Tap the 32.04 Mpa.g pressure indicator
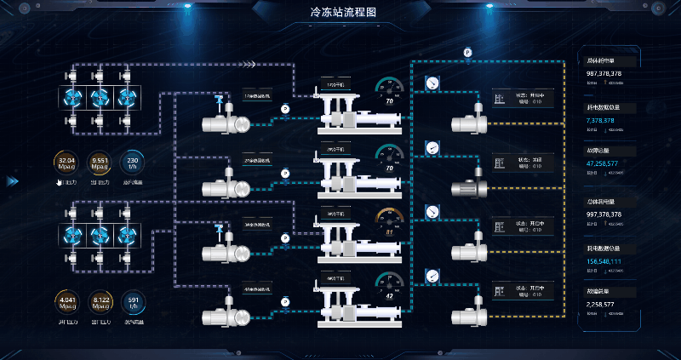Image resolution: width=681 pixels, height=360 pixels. [66, 163]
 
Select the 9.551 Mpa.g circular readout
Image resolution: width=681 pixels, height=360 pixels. [100, 163]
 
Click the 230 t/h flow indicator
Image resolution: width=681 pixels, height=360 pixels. [133, 163]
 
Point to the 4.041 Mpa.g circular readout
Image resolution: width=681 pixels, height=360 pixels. [66, 303]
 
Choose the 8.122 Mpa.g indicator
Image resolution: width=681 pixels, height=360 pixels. [100, 303]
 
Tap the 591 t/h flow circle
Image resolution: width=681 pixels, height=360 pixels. [133, 303]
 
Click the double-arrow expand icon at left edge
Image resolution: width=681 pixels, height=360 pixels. [13, 180]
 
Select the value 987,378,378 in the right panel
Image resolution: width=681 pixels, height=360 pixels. [604, 74]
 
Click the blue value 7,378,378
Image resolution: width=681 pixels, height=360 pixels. [601, 120]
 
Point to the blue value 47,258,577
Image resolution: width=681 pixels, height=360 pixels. [604, 163]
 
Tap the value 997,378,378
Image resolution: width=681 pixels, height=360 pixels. [604, 214]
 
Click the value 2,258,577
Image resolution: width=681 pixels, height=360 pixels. [601, 304]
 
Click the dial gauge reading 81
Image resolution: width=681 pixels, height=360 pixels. [389, 223]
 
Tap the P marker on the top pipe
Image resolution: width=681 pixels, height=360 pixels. [467, 52]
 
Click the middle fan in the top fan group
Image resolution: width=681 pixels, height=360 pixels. [100, 96]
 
